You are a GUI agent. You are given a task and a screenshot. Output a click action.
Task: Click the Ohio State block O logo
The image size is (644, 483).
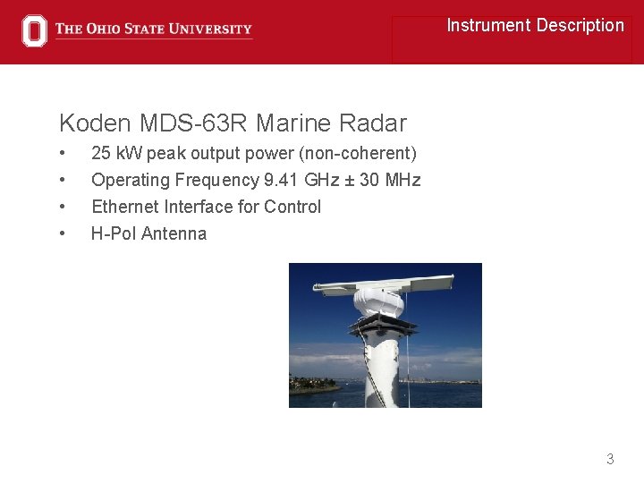coord(34,30)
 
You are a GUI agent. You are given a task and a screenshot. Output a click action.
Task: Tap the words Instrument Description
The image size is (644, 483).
coord(535,25)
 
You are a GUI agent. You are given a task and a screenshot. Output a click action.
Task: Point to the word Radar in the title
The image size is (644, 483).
coord(376,123)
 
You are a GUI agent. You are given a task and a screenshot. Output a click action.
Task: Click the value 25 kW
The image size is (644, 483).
coord(110,154)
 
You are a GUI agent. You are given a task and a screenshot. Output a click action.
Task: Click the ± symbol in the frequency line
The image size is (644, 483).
coord(350,180)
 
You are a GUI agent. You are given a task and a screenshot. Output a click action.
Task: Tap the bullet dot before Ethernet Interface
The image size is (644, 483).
coord(63,207)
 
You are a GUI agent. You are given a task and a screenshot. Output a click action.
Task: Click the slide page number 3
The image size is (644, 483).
coord(610,459)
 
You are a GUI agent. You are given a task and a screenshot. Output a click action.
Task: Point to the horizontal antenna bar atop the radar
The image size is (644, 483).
coord(376,286)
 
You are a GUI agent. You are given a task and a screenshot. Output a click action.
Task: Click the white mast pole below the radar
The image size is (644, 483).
coord(383,367)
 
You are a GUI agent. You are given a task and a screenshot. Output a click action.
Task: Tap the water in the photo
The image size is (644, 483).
coord(447,394)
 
